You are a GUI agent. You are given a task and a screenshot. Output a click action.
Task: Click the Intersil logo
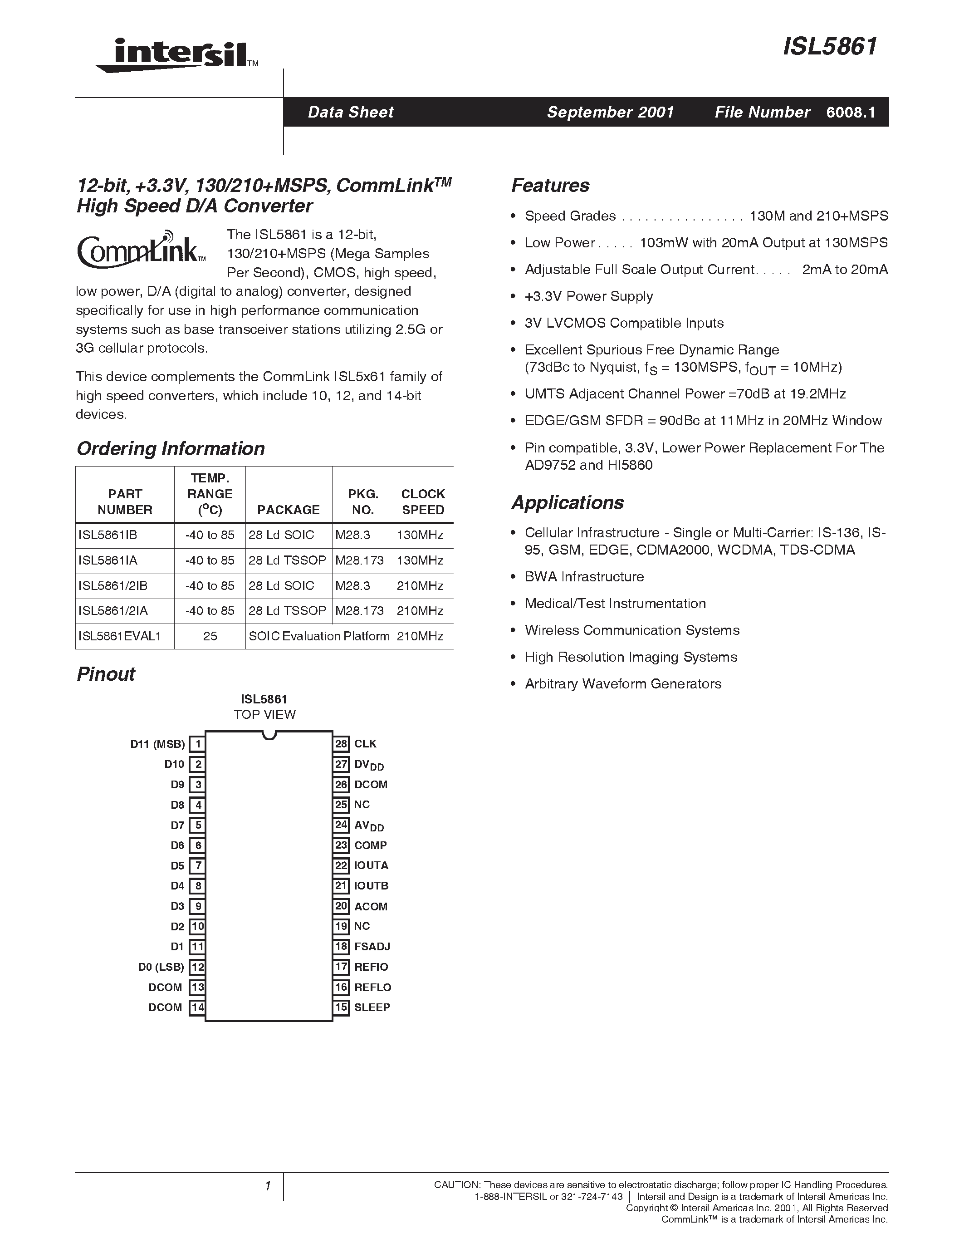point(177,55)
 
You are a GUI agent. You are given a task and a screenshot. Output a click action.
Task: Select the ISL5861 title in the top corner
point(830,47)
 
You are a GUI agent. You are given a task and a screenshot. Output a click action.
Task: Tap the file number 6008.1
point(850,112)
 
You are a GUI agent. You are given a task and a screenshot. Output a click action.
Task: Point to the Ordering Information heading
point(171,448)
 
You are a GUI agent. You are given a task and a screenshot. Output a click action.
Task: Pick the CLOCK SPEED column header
point(423,502)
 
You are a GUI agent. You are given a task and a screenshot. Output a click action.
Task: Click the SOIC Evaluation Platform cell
point(319,636)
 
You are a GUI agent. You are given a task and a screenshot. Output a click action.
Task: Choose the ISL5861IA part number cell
point(108,560)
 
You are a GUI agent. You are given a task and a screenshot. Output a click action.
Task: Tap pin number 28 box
point(341,743)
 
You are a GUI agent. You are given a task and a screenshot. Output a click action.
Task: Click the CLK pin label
point(366,743)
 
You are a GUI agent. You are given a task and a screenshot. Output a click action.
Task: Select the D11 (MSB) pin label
point(157,744)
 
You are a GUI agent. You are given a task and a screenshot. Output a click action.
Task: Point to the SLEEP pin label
point(372,1007)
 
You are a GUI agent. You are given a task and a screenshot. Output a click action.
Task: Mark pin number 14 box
point(197,1007)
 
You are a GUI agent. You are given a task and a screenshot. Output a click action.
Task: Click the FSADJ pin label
point(372,946)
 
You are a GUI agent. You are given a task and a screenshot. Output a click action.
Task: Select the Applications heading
point(567,502)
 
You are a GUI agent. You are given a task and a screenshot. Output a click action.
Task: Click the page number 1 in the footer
point(267,1186)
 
